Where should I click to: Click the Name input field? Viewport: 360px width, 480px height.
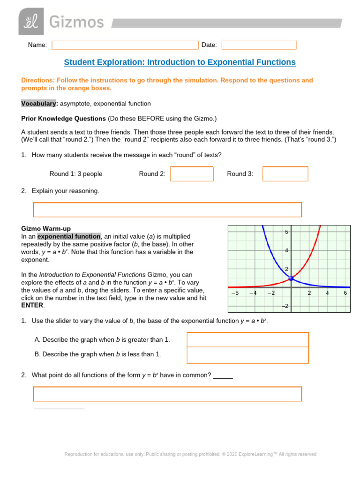[125, 45]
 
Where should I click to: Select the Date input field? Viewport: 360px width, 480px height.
[259, 45]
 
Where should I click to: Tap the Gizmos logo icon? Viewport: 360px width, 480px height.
[31, 22]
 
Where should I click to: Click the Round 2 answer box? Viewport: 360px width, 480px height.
[192, 174]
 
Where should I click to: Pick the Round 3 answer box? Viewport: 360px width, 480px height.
[285, 174]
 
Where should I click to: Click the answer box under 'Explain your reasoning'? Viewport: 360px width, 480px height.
[167, 210]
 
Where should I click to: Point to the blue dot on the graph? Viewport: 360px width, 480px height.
[291, 278]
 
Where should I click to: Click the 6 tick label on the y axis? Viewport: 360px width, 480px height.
[286, 232]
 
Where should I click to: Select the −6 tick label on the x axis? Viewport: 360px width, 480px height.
[235, 293]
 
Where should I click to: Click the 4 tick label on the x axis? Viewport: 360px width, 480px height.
[327, 293]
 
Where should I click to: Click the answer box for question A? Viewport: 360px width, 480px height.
[247, 340]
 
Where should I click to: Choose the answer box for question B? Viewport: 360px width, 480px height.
[247, 355]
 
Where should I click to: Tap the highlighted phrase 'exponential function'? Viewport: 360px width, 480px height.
[69, 236]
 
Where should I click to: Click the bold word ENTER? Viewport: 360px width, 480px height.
[32, 305]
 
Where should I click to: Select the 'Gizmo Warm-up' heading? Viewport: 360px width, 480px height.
[46, 228]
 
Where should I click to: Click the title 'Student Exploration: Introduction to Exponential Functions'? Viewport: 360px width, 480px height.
[180, 62]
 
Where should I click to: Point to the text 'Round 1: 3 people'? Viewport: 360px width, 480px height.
[76, 174]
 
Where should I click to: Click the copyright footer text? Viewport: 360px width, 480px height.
[190, 454]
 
